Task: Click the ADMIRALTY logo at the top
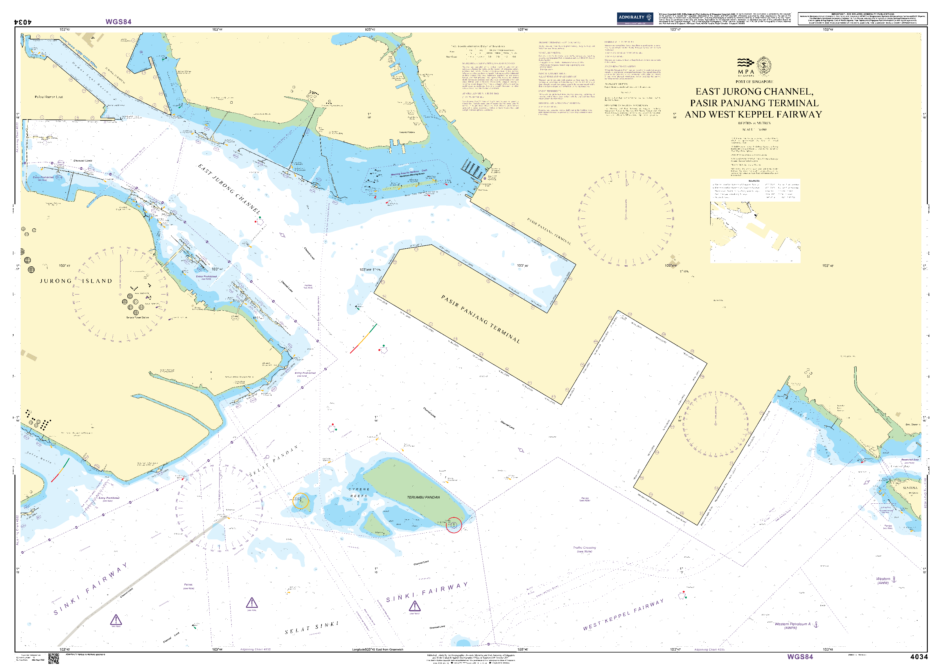click(635, 18)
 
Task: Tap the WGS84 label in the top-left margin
click(118, 22)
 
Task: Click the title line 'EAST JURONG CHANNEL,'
click(754, 92)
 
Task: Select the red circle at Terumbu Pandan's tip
click(454, 525)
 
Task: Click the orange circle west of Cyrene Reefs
click(301, 501)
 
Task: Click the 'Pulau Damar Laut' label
click(49, 97)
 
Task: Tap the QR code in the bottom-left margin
click(53, 658)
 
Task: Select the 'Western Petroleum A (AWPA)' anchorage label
click(793, 625)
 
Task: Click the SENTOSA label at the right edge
click(910, 488)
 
